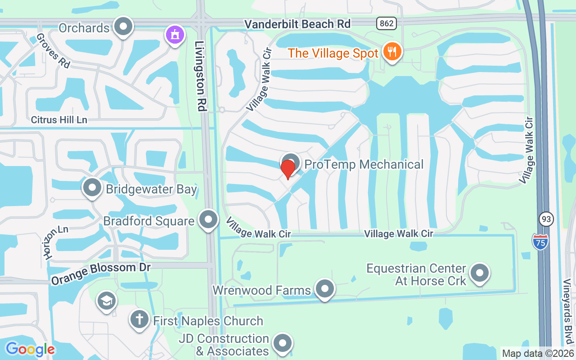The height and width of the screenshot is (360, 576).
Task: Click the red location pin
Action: [x=288, y=169]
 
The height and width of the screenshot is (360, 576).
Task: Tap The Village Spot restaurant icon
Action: [x=392, y=52]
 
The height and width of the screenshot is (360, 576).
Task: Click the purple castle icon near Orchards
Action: [x=175, y=35]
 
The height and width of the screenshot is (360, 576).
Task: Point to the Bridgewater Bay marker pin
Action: [x=92, y=188]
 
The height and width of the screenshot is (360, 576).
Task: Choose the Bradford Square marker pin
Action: [x=208, y=220]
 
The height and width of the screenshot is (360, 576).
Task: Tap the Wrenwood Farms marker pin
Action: [x=324, y=289]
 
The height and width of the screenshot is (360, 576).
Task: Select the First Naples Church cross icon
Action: [x=139, y=320]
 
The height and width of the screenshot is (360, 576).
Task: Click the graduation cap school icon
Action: [x=107, y=301]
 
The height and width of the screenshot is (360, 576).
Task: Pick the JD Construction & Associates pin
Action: [x=283, y=343]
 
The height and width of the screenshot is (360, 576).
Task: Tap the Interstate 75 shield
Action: [x=540, y=242]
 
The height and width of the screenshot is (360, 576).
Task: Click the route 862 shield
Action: [x=387, y=23]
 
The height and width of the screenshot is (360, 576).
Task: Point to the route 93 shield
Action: [x=546, y=219]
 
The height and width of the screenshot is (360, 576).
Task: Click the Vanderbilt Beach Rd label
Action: [x=297, y=24]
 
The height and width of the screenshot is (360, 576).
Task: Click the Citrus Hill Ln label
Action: [x=59, y=120]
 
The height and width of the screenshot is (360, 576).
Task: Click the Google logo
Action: [x=30, y=349]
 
